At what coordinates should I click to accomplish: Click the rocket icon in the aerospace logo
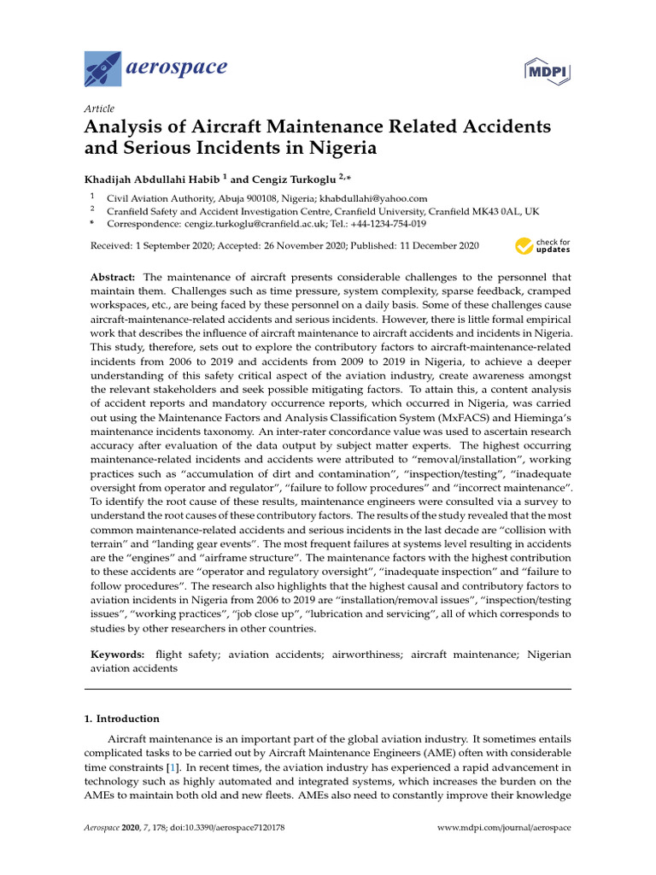point(103,68)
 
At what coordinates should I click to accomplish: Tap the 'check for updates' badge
point(542,247)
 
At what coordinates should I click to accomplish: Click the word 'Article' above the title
point(99,109)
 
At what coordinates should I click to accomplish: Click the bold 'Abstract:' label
point(114,278)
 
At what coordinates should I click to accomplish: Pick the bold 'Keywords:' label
point(119,655)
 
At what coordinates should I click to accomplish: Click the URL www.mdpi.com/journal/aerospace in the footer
point(504,829)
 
